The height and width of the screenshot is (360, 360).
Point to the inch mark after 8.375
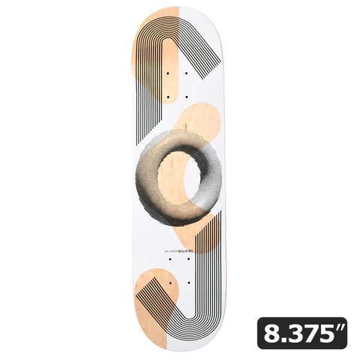[341, 327]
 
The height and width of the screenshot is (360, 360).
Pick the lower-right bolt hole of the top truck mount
[188, 97]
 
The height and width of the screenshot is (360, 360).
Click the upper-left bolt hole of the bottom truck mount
[170, 259]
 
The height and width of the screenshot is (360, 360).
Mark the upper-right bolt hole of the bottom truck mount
[188, 259]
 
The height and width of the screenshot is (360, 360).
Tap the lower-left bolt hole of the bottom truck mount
[170, 282]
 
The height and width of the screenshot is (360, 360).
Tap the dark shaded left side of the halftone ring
[146, 180]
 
